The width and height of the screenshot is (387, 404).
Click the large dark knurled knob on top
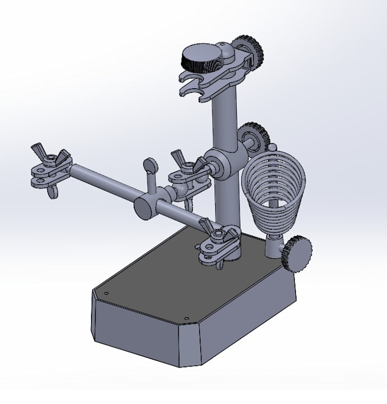point(200,58)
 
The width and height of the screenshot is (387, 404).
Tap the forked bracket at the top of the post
point(196,85)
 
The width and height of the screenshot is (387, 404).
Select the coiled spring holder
point(271,193)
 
